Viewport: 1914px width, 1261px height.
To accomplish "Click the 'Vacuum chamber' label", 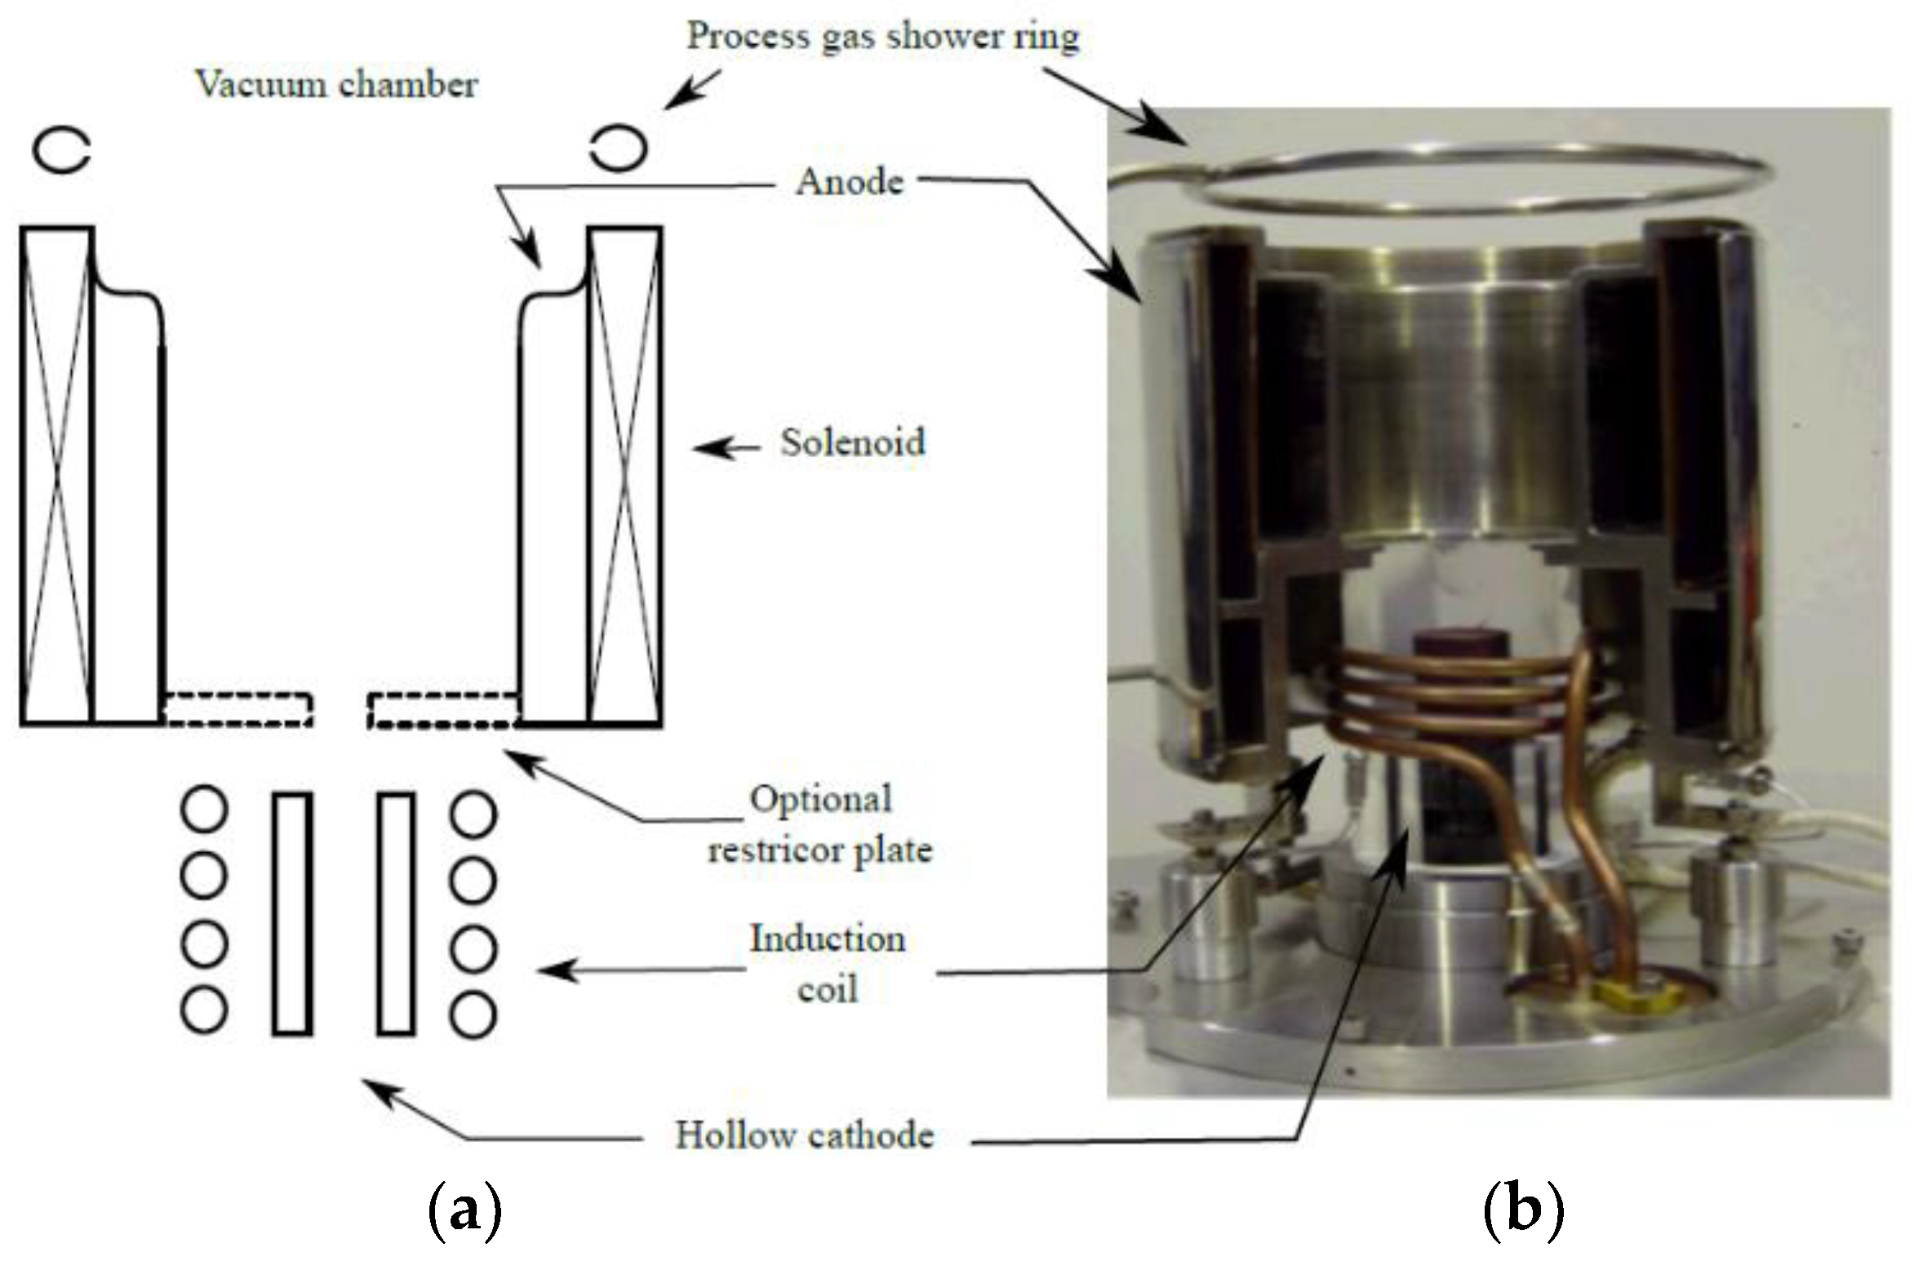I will click(336, 85).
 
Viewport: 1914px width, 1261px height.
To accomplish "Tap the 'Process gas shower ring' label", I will click(882, 37).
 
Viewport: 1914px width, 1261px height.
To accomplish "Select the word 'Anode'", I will click(850, 182).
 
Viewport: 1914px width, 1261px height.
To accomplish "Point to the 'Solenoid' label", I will click(853, 443).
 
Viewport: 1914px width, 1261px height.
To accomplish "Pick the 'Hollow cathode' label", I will click(804, 1135).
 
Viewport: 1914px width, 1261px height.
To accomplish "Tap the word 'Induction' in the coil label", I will click(827, 939).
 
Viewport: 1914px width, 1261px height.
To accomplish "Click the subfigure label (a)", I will click(464, 1212).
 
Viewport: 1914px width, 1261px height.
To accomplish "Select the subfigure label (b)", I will click(1522, 1212).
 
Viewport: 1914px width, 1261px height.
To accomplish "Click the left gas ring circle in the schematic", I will click(61, 150).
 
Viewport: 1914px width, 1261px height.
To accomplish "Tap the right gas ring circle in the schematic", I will click(619, 148).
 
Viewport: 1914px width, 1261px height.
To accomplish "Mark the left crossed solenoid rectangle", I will click(56, 475).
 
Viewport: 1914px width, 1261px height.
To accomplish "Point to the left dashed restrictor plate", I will click(238, 709).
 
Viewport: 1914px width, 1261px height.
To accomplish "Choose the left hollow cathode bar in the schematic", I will click(291, 913).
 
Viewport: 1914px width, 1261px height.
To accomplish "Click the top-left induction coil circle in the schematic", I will click(204, 809).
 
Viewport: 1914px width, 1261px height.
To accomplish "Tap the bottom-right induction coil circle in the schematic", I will click(473, 1015).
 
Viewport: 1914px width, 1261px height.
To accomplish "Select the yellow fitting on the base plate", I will click(1619, 993).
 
